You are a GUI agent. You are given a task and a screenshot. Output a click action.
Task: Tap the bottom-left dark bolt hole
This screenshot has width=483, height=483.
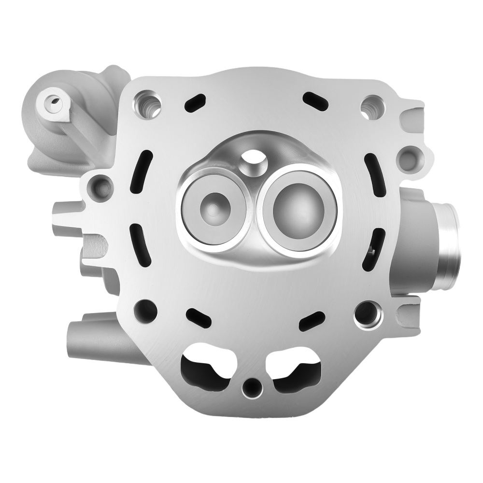pyautogui.click(x=145, y=309)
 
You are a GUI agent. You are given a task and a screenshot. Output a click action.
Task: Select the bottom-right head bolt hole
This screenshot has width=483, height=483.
pyautogui.click(x=368, y=313)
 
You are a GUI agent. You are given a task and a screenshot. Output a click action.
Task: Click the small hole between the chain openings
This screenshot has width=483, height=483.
pyautogui.click(x=250, y=386)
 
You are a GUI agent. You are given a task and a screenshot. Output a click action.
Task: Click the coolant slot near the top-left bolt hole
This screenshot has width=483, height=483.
pyautogui.click(x=194, y=102)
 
